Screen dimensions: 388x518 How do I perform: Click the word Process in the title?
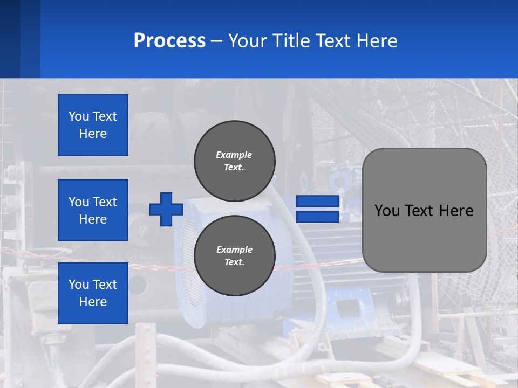point(169,41)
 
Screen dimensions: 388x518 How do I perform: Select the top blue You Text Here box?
point(93,125)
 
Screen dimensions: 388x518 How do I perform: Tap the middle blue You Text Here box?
point(93,210)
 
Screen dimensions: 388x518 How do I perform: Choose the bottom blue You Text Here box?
point(93,293)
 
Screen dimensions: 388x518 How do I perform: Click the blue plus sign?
point(166,209)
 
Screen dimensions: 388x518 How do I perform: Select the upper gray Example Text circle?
point(234,161)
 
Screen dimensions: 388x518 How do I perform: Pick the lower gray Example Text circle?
point(234,255)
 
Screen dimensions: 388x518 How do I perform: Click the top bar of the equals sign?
point(318,202)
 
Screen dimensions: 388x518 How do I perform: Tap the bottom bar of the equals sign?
point(318,217)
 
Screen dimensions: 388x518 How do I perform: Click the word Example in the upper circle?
point(234,155)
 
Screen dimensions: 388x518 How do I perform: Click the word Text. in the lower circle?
point(234,262)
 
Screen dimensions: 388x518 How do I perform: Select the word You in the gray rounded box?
point(387,211)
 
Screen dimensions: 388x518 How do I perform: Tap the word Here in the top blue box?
point(93,134)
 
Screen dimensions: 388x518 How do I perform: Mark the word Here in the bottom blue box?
point(93,302)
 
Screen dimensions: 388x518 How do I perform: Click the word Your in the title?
point(246,41)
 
